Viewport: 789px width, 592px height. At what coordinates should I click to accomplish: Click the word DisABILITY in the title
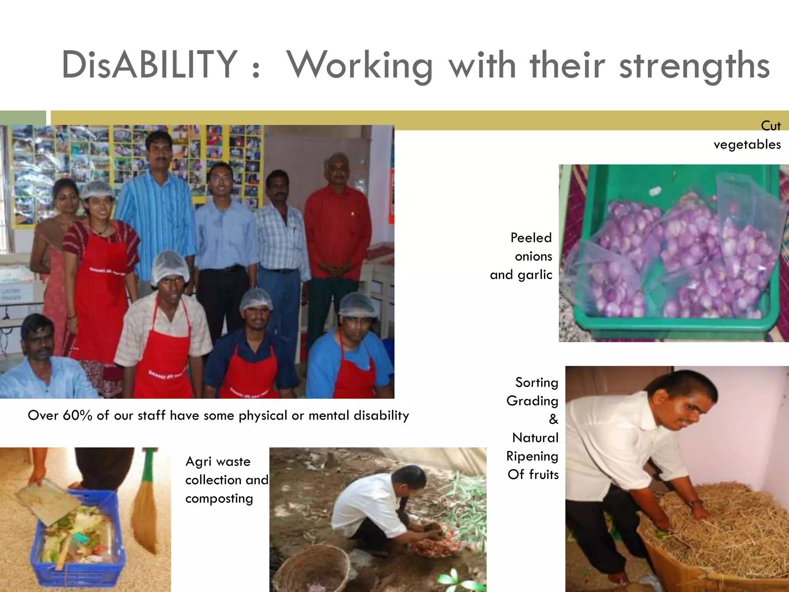[149, 65]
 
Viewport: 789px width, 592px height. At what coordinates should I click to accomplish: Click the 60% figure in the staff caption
[77, 415]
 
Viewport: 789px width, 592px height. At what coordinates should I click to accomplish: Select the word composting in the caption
[219, 499]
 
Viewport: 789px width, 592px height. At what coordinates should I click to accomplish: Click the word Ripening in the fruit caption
[532, 456]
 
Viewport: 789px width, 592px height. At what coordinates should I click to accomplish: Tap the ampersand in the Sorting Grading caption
[553, 419]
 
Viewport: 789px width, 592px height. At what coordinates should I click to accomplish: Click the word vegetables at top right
[747, 145]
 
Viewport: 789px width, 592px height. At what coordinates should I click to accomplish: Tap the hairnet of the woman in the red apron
[97, 189]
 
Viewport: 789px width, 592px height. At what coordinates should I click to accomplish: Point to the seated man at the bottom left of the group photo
[42, 358]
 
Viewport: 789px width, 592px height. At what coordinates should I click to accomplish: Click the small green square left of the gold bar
[23, 118]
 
